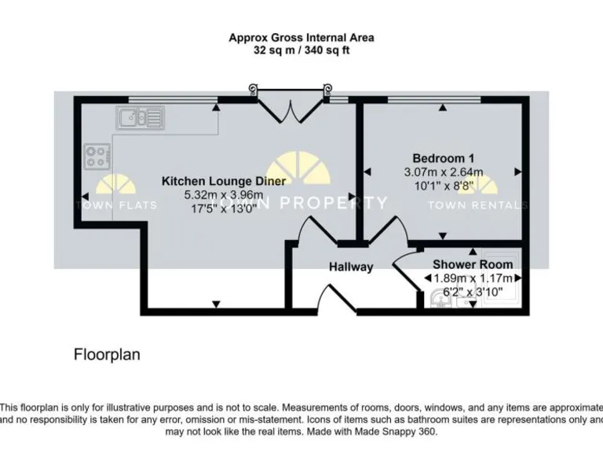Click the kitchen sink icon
click(140, 118)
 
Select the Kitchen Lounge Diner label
click(223, 181)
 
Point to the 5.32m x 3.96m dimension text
click(223, 195)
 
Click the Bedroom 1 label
click(443, 157)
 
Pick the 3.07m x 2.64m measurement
click(443, 172)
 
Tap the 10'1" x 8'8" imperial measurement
click(443, 186)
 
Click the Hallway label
click(351, 267)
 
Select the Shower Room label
click(473, 265)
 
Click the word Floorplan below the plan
click(107, 355)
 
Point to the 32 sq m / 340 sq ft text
click(301, 50)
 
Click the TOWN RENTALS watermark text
click(477, 205)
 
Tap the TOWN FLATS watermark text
click(115, 205)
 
